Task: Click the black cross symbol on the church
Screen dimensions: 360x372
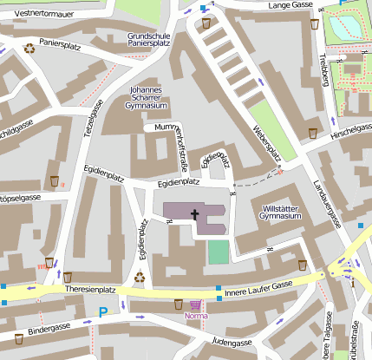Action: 195,215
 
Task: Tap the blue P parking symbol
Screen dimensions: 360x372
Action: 104,312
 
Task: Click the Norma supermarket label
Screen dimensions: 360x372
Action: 197,316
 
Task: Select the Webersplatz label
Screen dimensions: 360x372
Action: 266,141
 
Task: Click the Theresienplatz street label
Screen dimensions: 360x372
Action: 84,289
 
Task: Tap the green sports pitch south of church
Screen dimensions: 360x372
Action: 219,252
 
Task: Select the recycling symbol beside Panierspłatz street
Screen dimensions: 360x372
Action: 31,49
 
